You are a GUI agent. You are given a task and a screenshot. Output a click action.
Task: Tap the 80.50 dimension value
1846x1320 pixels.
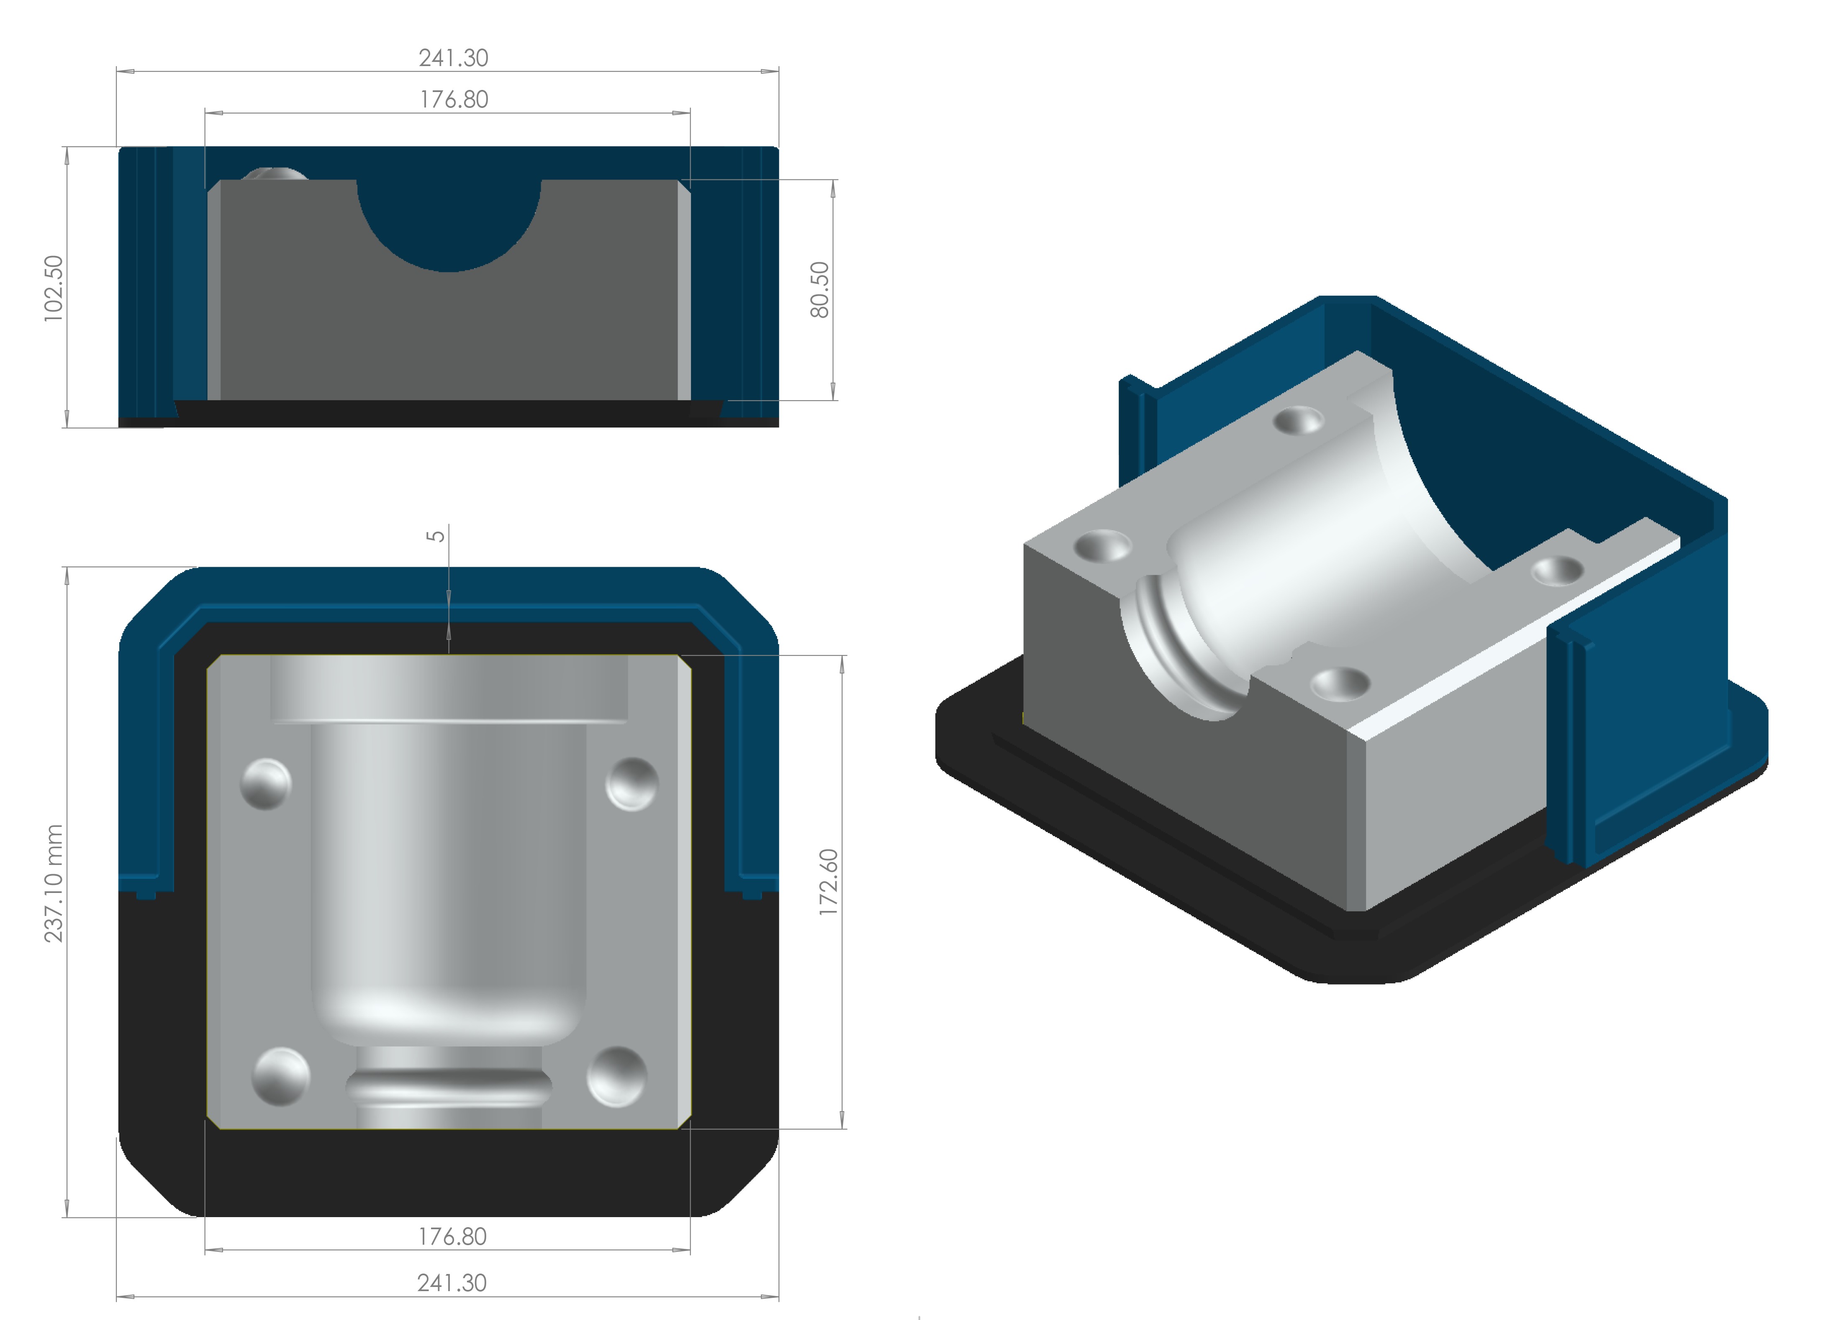(x=820, y=289)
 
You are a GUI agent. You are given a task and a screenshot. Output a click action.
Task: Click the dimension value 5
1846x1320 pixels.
(x=436, y=537)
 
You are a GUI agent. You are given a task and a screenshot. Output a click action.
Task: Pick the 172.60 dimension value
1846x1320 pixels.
(x=828, y=882)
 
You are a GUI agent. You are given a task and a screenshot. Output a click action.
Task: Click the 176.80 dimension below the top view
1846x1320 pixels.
(x=452, y=1236)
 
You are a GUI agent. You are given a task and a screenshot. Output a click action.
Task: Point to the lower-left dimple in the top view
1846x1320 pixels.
(x=280, y=1076)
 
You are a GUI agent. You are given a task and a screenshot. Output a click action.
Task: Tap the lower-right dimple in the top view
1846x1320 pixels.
(x=616, y=1076)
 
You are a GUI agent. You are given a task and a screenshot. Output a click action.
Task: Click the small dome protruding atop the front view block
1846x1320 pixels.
(x=274, y=174)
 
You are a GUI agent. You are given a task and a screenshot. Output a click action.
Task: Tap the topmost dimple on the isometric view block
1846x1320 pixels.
(x=1298, y=420)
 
